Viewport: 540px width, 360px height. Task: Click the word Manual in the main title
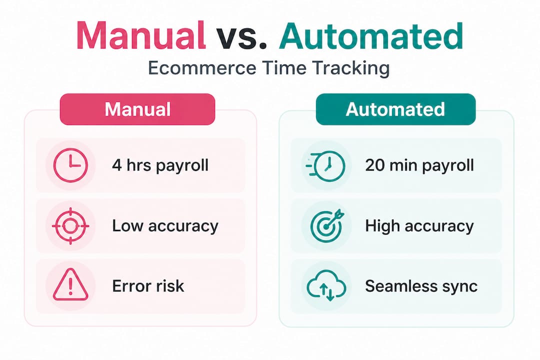tap(141, 36)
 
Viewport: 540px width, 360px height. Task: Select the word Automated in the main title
tap(370, 36)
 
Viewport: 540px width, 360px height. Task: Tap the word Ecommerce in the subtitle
tap(202, 67)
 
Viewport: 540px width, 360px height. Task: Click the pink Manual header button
tap(137, 109)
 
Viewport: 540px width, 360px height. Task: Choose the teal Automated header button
tap(395, 109)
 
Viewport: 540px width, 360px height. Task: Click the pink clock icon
tap(70, 165)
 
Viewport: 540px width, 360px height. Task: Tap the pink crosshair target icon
tap(70, 226)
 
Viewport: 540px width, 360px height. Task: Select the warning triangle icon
tap(70, 285)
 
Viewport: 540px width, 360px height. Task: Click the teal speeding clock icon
tap(325, 165)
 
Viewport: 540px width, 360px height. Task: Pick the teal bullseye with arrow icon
tap(326, 225)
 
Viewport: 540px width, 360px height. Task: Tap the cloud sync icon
tap(326, 286)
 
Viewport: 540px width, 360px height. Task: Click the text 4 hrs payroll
tap(160, 165)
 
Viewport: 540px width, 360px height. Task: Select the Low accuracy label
tap(165, 226)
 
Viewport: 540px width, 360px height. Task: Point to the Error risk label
tap(148, 286)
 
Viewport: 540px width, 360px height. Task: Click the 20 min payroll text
tap(419, 165)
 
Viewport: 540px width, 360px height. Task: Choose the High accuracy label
tap(419, 226)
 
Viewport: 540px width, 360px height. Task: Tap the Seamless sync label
tap(421, 286)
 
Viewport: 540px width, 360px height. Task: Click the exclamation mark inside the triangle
tap(70, 286)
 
